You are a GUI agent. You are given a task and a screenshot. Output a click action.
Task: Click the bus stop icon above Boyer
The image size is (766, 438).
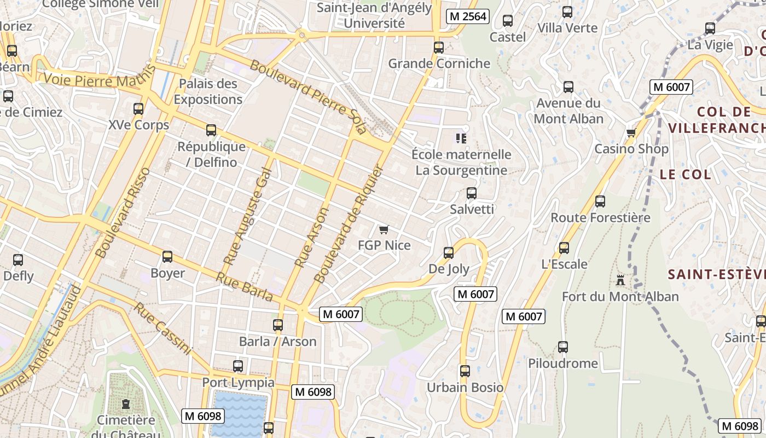click(x=167, y=256)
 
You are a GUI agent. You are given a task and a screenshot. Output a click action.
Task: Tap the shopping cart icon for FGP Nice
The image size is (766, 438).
click(x=384, y=229)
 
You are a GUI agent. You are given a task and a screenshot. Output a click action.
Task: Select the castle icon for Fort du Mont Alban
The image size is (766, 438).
click(x=620, y=280)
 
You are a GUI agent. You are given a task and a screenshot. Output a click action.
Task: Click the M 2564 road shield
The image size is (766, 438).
click(x=467, y=16)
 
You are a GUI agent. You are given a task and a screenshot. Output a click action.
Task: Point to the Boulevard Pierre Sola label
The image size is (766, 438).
click(x=308, y=97)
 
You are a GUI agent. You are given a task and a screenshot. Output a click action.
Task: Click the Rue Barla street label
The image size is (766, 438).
click(x=244, y=287)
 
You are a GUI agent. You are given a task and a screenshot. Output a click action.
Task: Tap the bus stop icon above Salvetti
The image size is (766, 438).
click(x=471, y=193)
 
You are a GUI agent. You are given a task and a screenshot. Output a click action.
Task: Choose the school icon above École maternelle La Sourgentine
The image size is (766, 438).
click(x=461, y=139)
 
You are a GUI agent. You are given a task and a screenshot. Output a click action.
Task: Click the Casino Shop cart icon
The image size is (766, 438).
click(x=631, y=132)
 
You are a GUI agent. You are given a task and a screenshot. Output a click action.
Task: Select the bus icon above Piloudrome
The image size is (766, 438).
click(x=563, y=347)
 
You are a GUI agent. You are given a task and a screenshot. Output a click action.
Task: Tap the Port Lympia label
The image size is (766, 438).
click(x=239, y=382)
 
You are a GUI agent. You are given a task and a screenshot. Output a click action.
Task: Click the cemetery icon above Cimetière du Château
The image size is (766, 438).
click(x=126, y=405)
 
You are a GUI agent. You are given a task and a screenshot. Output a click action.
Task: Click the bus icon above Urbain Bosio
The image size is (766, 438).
click(x=465, y=371)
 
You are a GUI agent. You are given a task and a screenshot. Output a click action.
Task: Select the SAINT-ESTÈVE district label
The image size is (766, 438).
click(x=717, y=274)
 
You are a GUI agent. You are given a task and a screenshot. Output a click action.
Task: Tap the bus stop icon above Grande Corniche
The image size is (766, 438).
click(x=439, y=48)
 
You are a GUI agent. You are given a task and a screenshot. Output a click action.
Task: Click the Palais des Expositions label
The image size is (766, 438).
click(x=208, y=91)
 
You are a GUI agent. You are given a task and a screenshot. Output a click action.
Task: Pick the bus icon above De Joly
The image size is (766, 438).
click(x=449, y=253)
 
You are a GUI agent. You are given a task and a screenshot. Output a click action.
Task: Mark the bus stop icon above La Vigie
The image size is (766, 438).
click(x=710, y=28)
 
